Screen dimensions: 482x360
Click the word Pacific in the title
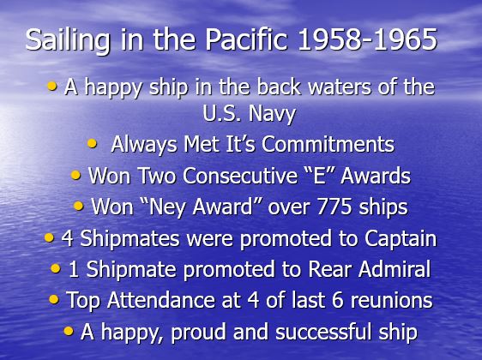click(246, 39)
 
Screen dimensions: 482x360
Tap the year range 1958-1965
click(368, 39)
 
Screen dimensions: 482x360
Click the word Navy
click(273, 114)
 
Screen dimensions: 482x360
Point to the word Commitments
click(328, 144)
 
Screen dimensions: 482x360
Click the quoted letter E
click(318, 176)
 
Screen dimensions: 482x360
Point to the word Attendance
click(160, 300)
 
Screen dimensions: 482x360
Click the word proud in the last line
click(199, 333)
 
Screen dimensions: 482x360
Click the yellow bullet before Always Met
click(92, 143)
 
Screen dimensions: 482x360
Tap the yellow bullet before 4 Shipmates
click(49, 237)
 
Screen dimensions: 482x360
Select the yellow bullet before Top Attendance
click(54, 299)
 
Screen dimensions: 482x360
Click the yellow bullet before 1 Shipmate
click(56, 268)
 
